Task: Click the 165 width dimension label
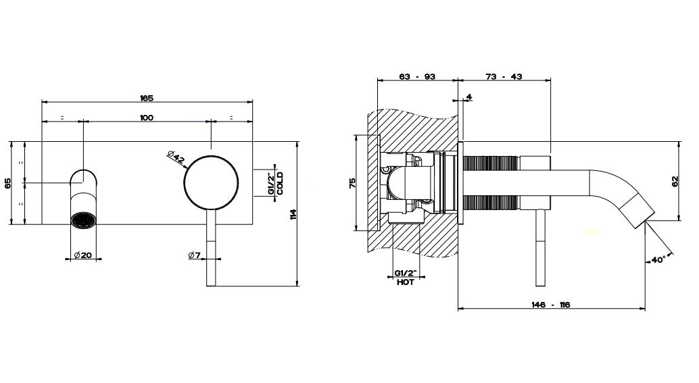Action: pos(147,98)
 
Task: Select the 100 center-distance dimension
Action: pos(147,118)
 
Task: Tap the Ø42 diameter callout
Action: pos(176,158)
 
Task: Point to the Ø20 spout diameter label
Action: pos(83,255)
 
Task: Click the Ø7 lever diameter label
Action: pos(195,255)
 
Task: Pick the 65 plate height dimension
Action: pos(7,183)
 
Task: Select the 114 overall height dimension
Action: pos(293,214)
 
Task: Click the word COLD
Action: pos(280,183)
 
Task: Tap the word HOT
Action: pos(405,282)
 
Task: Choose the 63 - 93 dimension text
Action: pos(417,76)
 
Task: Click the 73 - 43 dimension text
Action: pos(504,76)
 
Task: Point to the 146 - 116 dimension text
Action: pos(551,305)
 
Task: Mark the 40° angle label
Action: pos(658,259)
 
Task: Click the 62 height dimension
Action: pos(675,181)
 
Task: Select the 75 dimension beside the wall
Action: pos(352,182)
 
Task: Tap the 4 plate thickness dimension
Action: pos(469,97)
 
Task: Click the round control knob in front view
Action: pos(212,182)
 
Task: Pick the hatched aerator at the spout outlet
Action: pos(83,220)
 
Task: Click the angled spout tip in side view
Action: pos(637,211)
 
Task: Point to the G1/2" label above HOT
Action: pos(405,272)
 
